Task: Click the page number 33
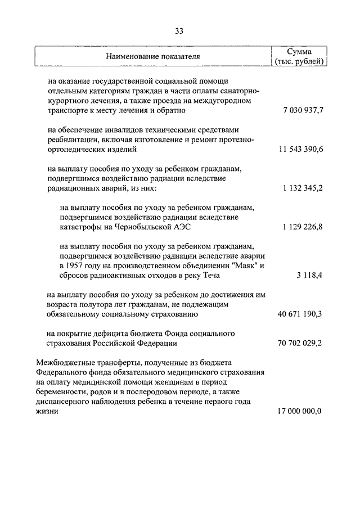(179, 30)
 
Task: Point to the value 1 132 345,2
(303, 188)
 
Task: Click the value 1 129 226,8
(303, 227)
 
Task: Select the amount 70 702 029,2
(300, 343)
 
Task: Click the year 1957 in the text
(78, 265)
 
